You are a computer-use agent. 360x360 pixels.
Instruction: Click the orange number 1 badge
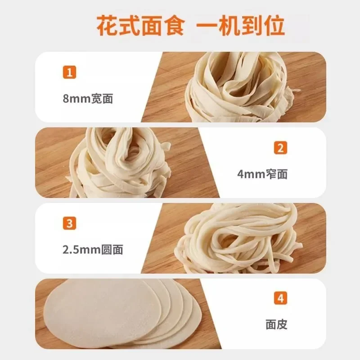click(x=69, y=72)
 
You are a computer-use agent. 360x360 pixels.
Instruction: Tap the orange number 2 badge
click(x=281, y=148)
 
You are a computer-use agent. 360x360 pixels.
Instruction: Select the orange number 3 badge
click(x=69, y=223)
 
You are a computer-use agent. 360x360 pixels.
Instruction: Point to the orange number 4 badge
click(x=281, y=298)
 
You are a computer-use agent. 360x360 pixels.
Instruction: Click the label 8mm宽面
click(x=88, y=98)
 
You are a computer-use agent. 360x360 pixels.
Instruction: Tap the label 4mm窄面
click(x=262, y=174)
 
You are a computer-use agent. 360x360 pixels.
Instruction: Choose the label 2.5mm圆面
click(x=93, y=249)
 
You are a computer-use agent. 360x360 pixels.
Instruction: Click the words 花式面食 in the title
click(x=140, y=26)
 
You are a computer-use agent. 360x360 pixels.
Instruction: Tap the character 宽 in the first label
click(x=97, y=98)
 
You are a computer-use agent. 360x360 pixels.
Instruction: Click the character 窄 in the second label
click(x=271, y=174)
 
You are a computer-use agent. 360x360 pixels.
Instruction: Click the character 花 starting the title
click(x=107, y=26)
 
